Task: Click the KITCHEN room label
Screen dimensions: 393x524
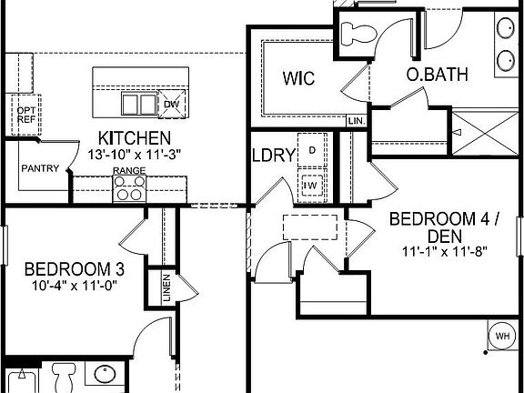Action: [135, 138]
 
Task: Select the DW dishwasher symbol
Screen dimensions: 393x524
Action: [171, 104]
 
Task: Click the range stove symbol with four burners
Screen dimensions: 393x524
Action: [128, 188]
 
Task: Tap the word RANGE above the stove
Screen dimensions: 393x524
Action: [128, 171]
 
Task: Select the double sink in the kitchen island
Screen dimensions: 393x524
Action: [139, 104]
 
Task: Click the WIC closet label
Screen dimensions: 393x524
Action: [297, 78]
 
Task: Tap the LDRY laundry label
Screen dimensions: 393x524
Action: [274, 155]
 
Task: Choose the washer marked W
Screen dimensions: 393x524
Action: [312, 186]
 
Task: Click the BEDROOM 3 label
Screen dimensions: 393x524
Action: [74, 269]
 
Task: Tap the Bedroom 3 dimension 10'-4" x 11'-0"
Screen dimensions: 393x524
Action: [74, 286]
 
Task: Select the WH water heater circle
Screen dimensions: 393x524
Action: [501, 337]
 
